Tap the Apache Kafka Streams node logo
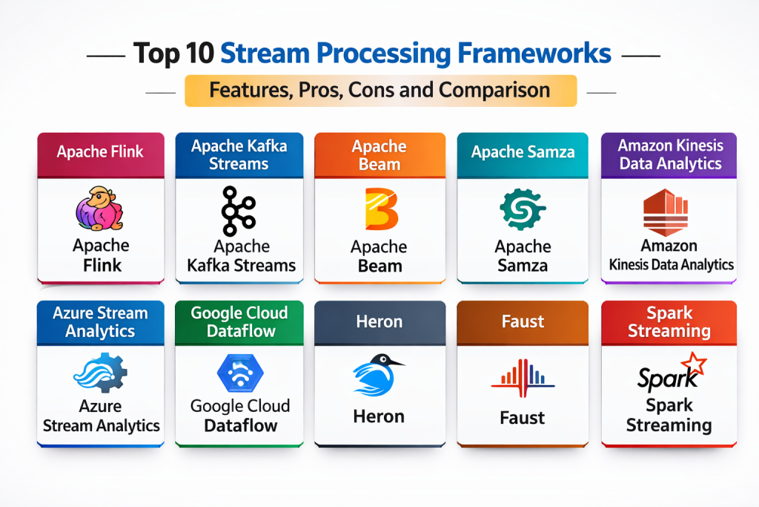pos(239,210)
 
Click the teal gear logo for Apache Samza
pos(523,209)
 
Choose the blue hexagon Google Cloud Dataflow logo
pos(239,373)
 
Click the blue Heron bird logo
pos(378,373)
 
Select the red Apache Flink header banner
pos(101,152)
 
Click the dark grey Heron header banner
pos(379,321)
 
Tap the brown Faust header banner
pos(523,321)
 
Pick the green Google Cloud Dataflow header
pos(239,321)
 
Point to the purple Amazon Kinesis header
pos(669,154)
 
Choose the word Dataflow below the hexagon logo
pos(240,425)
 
